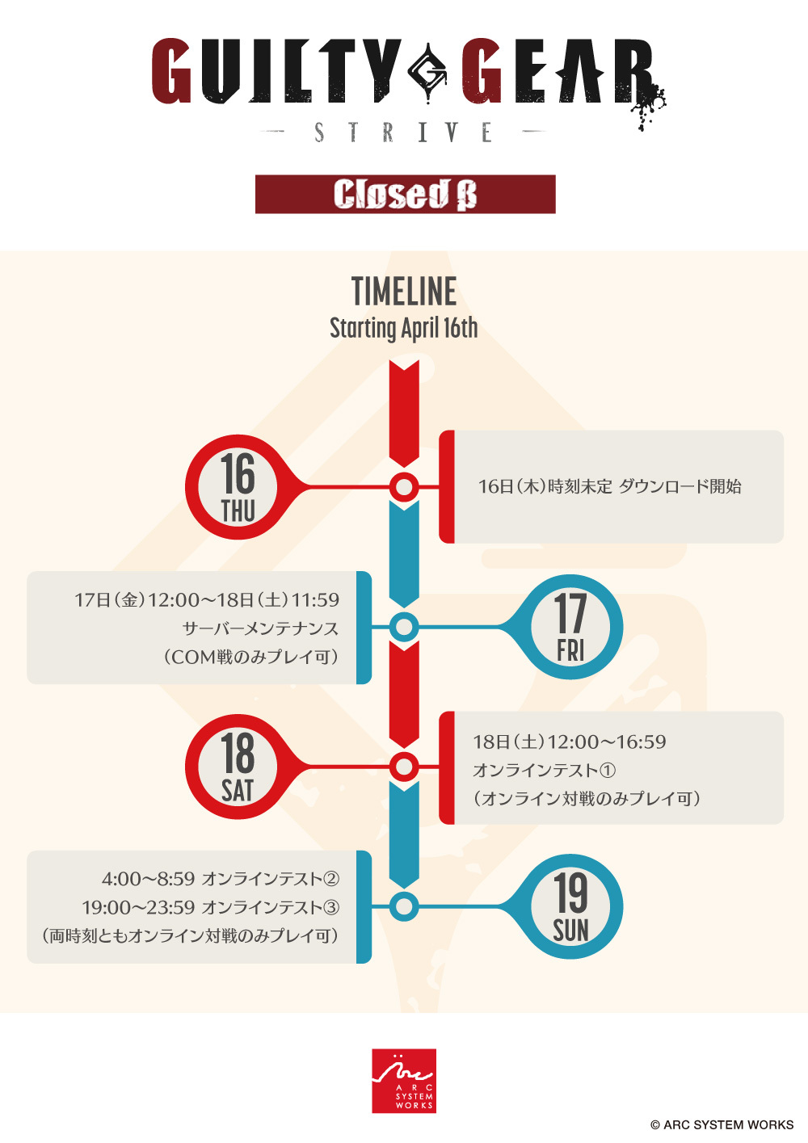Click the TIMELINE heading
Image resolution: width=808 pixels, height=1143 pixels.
(x=404, y=292)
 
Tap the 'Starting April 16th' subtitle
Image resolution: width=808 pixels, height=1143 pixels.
(x=404, y=328)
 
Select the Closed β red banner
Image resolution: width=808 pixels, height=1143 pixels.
(x=406, y=194)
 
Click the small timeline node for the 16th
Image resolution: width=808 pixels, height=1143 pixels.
(x=404, y=487)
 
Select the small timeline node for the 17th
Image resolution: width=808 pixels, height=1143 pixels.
(x=404, y=627)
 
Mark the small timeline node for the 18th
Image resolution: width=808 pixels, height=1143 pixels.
(x=404, y=767)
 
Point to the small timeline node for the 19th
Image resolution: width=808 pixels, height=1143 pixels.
(x=404, y=906)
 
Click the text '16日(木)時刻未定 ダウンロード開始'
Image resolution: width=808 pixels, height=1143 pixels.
(x=609, y=486)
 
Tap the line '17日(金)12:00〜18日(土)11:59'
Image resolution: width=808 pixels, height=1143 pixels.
(x=207, y=599)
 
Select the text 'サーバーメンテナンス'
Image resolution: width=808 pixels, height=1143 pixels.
(x=260, y=628)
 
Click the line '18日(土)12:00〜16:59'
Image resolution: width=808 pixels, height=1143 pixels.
(x=570, y=742)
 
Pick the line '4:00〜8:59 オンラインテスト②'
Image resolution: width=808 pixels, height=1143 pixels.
(x=221, y=878)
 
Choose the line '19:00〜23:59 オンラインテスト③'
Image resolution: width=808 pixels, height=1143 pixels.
(x=211, y=907)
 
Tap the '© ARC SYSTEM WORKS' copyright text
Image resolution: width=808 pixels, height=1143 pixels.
(x=722, y=1124)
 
